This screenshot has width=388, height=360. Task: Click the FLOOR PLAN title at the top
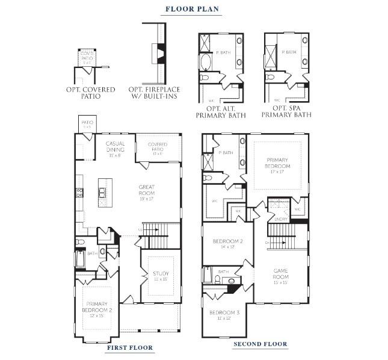pyautogui.click(x=193, y=9)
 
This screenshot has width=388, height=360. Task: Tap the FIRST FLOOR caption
pyautogui.click(x=129, y=347)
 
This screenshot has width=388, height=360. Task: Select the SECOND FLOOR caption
pyautogui.click(x=260, y=344)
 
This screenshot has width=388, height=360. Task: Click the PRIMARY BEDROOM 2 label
pyautogui.click(x=96, y=307)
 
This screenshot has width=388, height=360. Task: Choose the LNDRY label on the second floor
pyautogui.click(x=281, y=220)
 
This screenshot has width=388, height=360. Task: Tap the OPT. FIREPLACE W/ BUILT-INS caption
pyautogui.click(x=154, y=93)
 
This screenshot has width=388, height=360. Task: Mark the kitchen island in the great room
pyautogui.click(x=103, y=192)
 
